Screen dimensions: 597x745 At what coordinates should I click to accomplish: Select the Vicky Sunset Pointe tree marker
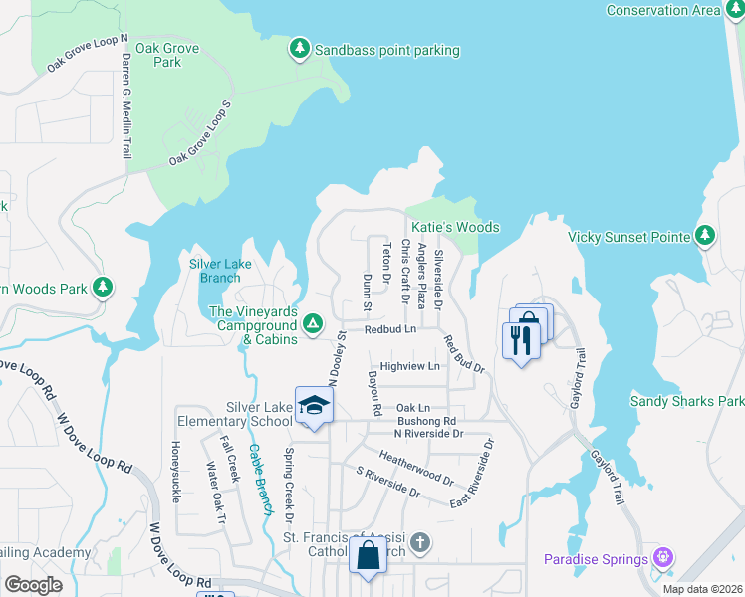point(705,236)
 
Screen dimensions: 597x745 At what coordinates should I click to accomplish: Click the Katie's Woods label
point(456,227)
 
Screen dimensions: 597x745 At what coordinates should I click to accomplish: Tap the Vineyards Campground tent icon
point(312,323)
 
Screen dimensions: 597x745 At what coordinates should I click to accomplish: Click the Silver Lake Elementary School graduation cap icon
point(314,406)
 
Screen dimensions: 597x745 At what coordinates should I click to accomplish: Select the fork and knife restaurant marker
point(520,340)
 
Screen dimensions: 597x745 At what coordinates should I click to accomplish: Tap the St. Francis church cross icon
point(420,542)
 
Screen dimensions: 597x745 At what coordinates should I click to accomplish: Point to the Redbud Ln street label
point(389,329)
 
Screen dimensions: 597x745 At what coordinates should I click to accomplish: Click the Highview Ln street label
point(409,366)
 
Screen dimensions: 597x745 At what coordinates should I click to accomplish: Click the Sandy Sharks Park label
point(686,401)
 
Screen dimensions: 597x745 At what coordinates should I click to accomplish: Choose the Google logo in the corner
point(33,585)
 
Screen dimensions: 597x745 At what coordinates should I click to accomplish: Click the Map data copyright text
point(701,589)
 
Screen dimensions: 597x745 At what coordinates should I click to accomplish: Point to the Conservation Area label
point(662,10)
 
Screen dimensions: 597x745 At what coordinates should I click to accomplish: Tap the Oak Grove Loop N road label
point(88,56)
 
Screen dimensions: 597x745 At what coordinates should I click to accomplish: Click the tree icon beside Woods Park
point(102,288)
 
